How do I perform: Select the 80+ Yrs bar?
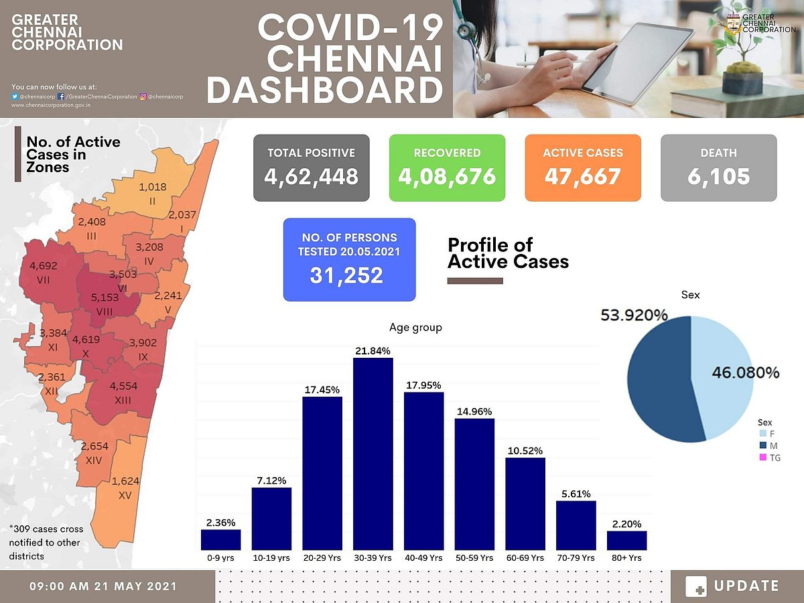click(627, 540)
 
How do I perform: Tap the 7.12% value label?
click(271, 480)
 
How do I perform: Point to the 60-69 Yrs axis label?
click(525, 557)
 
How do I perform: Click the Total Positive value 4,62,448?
click(311, 176)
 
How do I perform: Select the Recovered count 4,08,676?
click(447, 176)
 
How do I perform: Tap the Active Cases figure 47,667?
click(583, 176)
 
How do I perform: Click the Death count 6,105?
click(718, 176)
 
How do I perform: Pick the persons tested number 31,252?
click(346, 275)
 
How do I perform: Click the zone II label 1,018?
click(153, 187)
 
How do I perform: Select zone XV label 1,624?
click(125, 481)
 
